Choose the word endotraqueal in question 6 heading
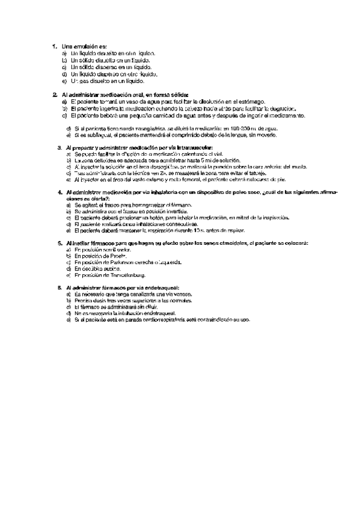click(x=159, y=289)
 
